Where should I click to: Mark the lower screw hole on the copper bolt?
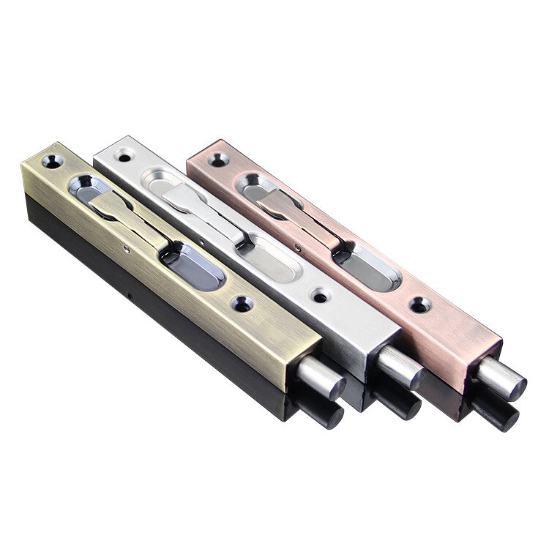pos(419,301)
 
